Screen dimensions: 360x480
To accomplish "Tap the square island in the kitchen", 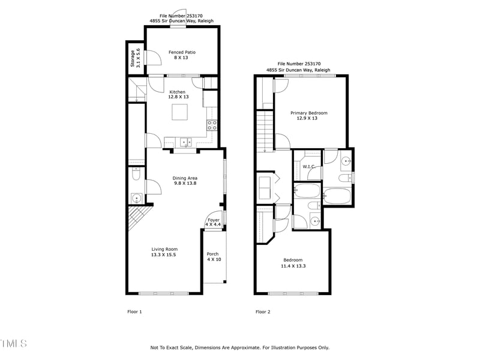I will point(180,112).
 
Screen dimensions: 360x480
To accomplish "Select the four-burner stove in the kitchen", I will point(212,125).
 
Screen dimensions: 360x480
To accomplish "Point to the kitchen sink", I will point(185,142).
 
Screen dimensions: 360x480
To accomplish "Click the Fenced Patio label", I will point(182,52).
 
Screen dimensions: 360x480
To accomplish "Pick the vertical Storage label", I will point(133,58).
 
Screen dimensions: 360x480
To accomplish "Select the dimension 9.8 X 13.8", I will point(185,183).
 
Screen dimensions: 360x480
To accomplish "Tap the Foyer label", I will point(214,220).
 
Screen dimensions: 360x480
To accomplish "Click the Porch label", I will point(213,254).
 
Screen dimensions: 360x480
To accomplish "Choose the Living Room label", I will point(164,249).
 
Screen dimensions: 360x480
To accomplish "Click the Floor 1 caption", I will point(134,311).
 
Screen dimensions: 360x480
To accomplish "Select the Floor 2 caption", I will point(263,311).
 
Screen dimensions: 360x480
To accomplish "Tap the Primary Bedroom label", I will point(309,113).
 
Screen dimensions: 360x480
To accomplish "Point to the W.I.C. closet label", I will point(309,166).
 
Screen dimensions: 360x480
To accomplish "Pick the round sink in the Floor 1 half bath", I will point(136,199).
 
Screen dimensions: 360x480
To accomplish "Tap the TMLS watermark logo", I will point(13,344).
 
